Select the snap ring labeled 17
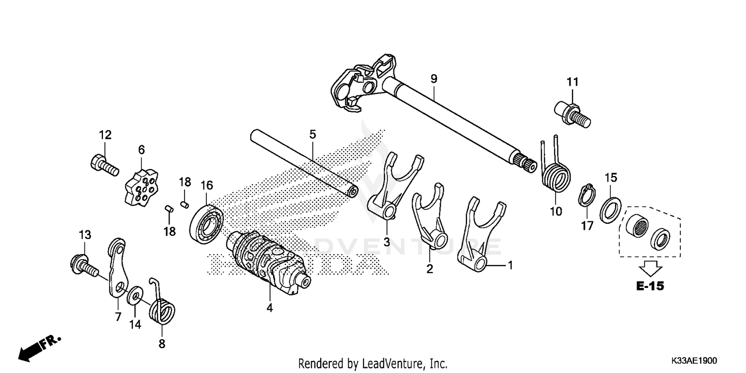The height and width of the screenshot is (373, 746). pyautogui.click(x=587, y=197)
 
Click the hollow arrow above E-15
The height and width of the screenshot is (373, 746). pyautogui.click(x=650, y=268)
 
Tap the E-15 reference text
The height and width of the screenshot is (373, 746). pyautogui.click(x=650, y=286)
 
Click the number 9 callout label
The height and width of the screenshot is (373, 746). pyautogui.click(x=434, y=78)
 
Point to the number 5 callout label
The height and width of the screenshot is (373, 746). pyautogui.click(x=312, y=134)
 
